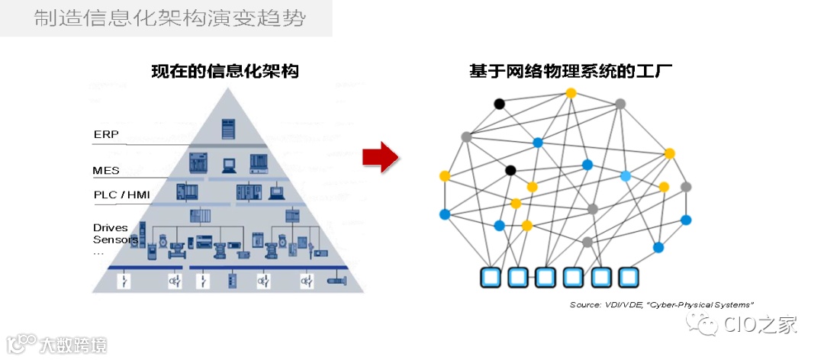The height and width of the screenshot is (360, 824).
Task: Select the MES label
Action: click(x=106, y=171)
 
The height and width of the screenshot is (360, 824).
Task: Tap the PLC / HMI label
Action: click(x=121, y=195)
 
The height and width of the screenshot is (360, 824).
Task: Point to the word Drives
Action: click(x=111, y=227)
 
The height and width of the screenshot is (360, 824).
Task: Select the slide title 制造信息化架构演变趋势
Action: click(x=169, y=18)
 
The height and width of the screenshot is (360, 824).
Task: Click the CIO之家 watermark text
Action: click(x=760, y=325)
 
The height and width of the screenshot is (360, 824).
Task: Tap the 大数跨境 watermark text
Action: click(x=73, y=344)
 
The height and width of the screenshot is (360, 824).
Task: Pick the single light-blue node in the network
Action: click(x=626, y=176)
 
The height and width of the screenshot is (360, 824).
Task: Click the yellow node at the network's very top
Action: click(x=571, y=93)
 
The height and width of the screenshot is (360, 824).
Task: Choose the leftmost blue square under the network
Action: click(x=491, y=276)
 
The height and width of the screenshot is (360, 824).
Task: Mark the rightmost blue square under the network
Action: click(x=628, y=276)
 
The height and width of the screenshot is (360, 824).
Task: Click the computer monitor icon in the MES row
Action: click(x=227, y=163)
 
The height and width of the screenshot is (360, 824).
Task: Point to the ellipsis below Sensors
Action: click(x=98, y=251)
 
